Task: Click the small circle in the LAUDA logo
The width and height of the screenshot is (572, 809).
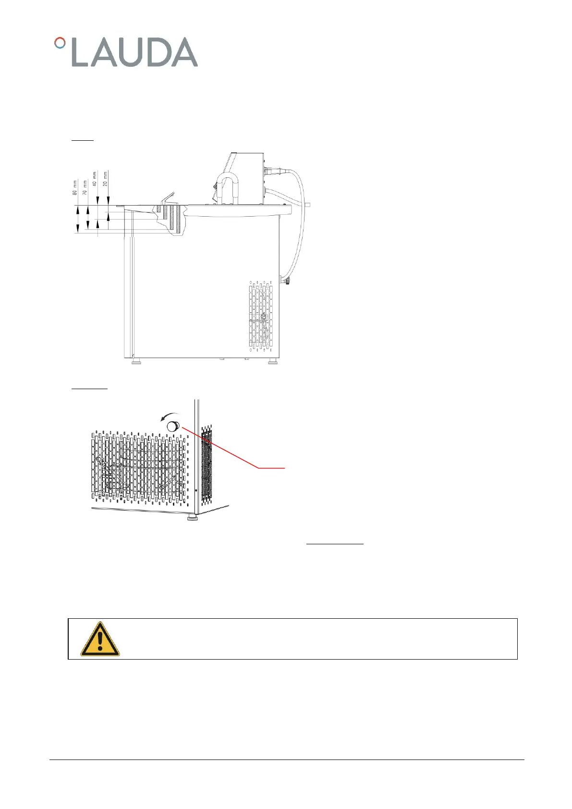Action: pos(60,43)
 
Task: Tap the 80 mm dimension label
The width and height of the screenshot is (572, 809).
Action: pos(75,187)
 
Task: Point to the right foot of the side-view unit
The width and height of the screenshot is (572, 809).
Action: pos(272,361)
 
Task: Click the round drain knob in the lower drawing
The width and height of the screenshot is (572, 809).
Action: pos(172,426)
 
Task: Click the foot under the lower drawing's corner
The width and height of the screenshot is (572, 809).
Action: pos(192,518)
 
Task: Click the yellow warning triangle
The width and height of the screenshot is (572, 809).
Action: pos(100,639)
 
